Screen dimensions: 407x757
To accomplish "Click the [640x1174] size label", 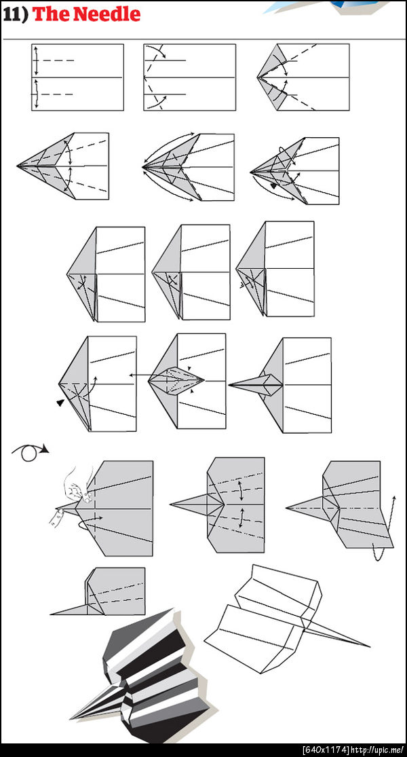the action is [x=326, y=750].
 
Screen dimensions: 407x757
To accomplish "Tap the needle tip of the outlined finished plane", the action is [x=370, y=646].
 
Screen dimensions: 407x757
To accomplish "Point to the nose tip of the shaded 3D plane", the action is [x=71, y=718].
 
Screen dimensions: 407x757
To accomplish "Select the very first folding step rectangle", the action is [x=77, y=77].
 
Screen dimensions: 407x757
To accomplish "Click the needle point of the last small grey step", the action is [x=51, y=614].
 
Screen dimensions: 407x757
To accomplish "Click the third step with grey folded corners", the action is [x=303, y=77].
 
